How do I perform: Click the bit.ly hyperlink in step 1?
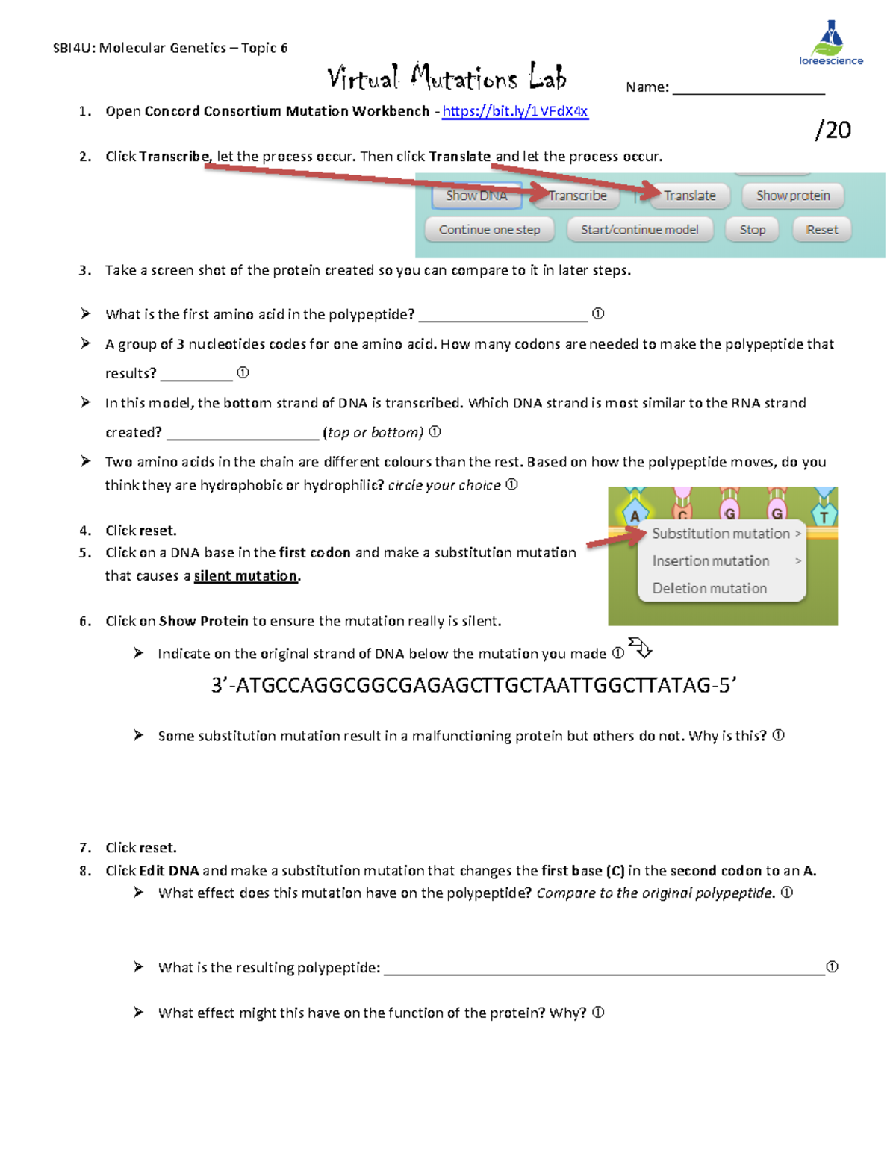tap(514, 111)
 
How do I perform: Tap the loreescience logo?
tap(830, 44)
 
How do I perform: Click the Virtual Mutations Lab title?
tap(447, 78)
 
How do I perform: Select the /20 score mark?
tap(833, 130)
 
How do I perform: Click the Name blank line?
tap(748, 88)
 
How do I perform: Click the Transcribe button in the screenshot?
tap(576, 196)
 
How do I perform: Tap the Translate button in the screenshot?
tap(688, 196)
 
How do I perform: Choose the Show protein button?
tap(792, 196)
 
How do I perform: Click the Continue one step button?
tap(489, 230)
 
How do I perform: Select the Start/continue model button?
tap(639, 230)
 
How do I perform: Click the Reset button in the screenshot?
tap(821, 230)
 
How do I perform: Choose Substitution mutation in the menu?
tap(721, 534)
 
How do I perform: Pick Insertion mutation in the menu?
tap(711, 561)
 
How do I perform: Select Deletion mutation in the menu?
tap(709, 588)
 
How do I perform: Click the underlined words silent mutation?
tap(246, 576)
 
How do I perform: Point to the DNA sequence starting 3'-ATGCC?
tap(473, 685)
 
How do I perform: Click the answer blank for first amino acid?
tap(503, 315)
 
